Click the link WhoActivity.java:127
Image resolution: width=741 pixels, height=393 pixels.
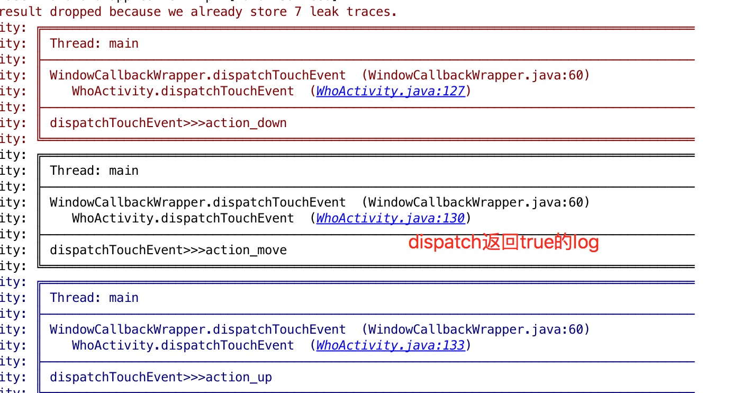390,91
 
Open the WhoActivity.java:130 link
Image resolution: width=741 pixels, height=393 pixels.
390,218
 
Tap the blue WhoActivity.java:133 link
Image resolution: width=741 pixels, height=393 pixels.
390,345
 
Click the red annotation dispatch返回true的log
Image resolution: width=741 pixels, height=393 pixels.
503,243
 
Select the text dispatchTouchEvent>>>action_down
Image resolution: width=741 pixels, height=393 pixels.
168,123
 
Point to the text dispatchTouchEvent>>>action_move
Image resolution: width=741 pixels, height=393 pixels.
168,250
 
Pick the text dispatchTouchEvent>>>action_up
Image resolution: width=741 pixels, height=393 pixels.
161,377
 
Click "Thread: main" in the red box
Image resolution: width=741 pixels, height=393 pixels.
94,43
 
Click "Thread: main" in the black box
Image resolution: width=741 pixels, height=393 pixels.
94,171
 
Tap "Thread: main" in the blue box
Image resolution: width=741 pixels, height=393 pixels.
94,298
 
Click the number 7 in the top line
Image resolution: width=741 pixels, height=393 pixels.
298,11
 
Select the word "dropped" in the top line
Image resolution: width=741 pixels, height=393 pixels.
75,11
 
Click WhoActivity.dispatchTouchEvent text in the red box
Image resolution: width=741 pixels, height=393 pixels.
183,91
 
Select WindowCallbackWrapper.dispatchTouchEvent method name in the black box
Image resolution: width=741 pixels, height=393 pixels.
198,202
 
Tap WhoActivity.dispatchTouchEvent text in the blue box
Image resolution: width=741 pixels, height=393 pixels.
183,345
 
